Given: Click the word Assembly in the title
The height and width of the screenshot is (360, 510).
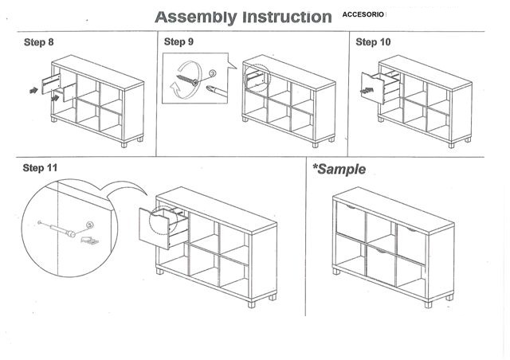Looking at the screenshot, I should pyautogui.click(x=194, y=17).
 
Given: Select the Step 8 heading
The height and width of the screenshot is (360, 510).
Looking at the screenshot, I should pyautogui.click(x=38, y=42).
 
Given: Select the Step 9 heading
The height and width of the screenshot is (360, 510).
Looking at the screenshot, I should pyautogui.click(x=178, y=42).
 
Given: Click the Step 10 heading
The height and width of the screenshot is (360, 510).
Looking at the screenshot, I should pyautogui.click(x=372, y=42).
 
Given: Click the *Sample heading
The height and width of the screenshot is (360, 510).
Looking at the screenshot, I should pyautogui.click(x=339, y=169).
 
